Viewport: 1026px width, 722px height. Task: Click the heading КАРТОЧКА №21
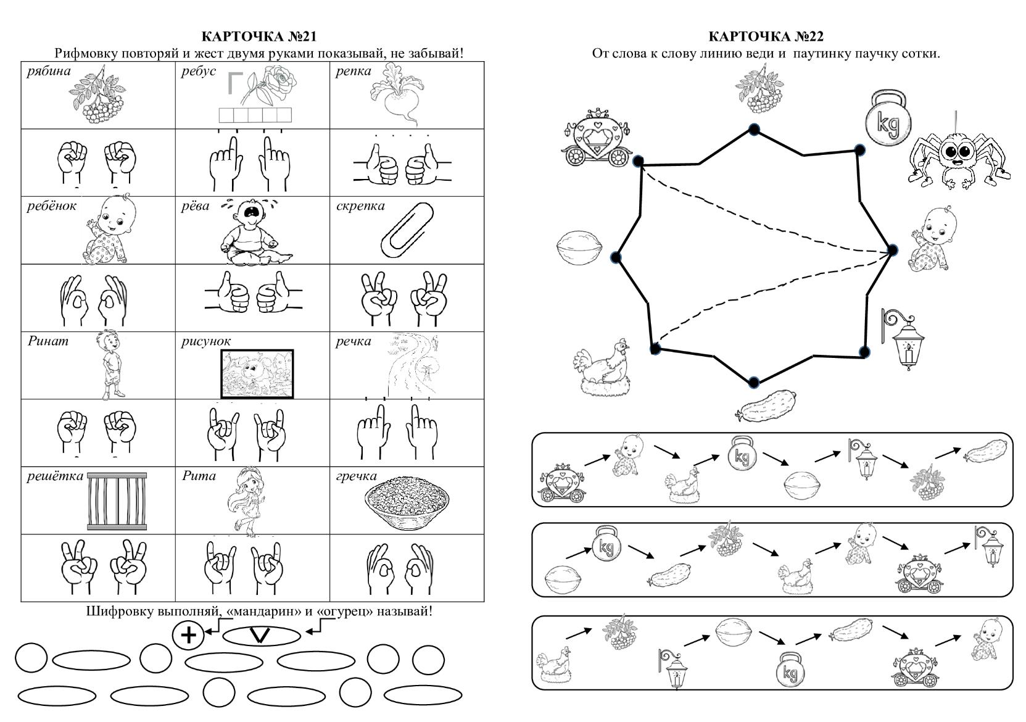coord(259,37)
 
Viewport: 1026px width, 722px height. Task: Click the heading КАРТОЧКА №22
coord(766,37)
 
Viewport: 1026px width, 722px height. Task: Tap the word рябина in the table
coord(49,72)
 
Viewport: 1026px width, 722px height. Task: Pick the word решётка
coord(55,476)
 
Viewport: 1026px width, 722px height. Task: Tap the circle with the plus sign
coord(188,635)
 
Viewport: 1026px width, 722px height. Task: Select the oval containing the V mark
coord(261,636)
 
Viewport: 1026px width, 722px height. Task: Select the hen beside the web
coord(604,368)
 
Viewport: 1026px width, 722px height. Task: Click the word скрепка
coord(360,206)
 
